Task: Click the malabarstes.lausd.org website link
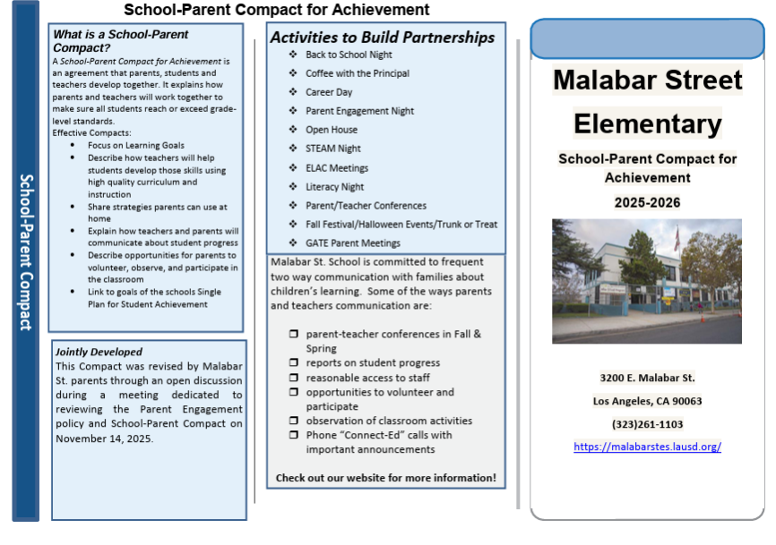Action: [x=647, y=447]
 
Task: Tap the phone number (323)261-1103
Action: [x=647, y=424]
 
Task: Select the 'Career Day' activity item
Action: [x=329, y=92]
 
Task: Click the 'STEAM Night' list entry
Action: [x=332, y=149]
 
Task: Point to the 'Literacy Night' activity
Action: [x=334, y=187]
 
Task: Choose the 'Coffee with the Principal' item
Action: [x=357, y=73]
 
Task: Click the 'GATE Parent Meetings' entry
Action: [x=352, y=243]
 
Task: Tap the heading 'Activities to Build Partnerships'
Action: [x=383, y=38]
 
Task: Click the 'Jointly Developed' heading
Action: [x=99, y=352]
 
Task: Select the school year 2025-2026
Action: [x=647, y=203]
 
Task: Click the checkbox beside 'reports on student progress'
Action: [x=294, y=363]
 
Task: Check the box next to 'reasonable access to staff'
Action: [x=294, y=378]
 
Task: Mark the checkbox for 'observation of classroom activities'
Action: [x=294, y=421]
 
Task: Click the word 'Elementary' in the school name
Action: [x=647, y=123]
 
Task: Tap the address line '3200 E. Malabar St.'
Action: [x=647, y=378]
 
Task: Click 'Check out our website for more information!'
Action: [x=385, y=478]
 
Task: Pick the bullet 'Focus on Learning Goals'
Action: [x=136, y=145]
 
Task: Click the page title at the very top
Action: [x=276, y=10]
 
